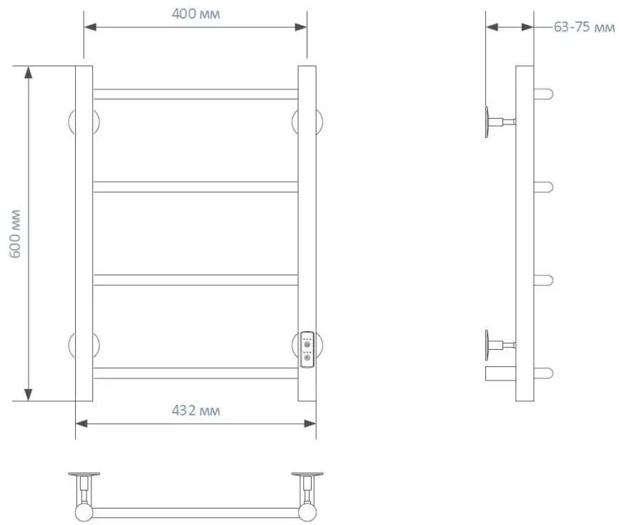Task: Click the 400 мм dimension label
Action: coord(196,14)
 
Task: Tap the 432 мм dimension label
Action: coord(196,411)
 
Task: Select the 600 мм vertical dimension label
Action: coord(14,234)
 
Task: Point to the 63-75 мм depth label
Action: coord(584,27)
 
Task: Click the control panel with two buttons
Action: coord(307,349)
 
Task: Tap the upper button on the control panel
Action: coord(307,344)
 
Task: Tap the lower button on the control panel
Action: coord(307,358)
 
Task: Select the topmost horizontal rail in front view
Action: coord(195,94)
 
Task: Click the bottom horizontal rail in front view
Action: coord(195,373)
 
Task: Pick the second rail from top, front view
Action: coord(195,187)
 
